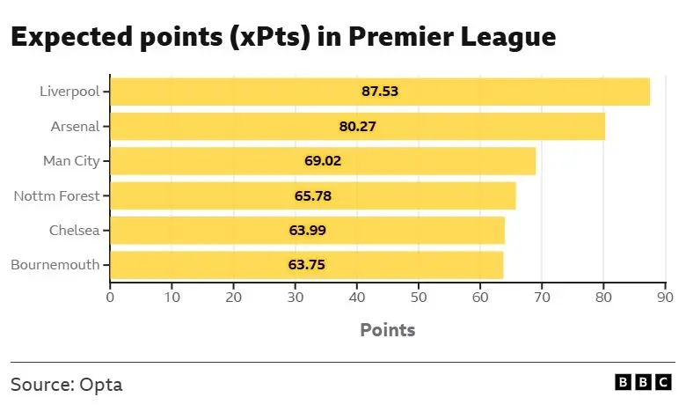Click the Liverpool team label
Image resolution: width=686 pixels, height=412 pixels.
coord(69,92)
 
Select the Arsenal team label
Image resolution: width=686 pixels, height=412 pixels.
coord(76,126)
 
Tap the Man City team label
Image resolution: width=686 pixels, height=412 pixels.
coord(71,161)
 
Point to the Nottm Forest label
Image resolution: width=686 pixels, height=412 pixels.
coord(56,195)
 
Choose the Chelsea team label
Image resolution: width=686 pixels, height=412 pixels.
coord(74,231)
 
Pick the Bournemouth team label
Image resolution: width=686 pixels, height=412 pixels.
coord(55,265)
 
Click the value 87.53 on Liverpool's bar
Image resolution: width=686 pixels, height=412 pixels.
coord(380,92)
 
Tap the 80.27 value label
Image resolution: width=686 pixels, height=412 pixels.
coord(357,126)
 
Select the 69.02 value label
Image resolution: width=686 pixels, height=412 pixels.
coord(323,161)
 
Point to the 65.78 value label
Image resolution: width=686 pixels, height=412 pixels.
coord(312,195)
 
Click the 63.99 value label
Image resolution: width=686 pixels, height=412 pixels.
coord(307,231)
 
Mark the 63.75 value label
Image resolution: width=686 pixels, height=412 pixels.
coord(306,265)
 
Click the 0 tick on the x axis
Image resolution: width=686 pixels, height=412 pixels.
coord(110,297)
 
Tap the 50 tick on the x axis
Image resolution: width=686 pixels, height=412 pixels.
coord(418,297)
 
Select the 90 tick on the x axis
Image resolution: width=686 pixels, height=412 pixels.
coord(665,297)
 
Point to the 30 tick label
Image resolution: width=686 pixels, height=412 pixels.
coord(295,297)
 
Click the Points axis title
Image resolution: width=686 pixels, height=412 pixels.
coord(387,330)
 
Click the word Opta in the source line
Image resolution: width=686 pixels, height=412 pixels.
coord(100,385)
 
